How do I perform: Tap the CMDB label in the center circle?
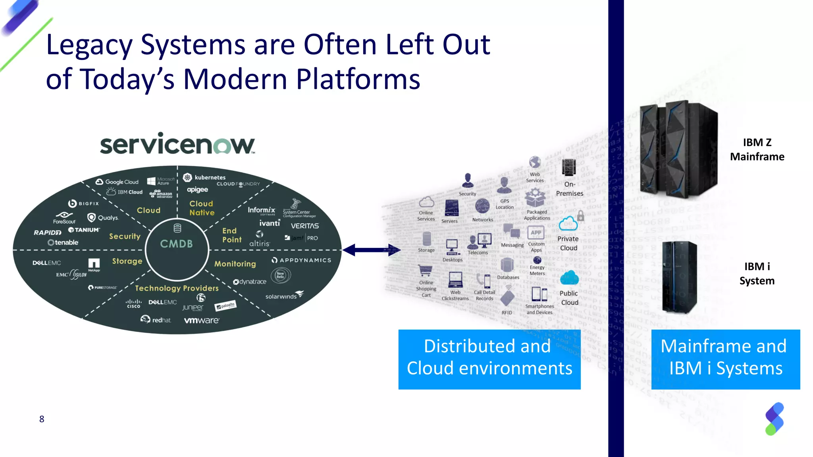click(177, 244)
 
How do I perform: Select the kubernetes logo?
click(205, 177)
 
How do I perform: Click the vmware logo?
click(201, 320)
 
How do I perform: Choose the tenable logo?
click(63, 242)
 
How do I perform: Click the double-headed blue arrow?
click(372, 250)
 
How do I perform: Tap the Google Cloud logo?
click(117, 182)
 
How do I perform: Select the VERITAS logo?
click(304, 226)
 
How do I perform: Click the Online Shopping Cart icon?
click(425, 271)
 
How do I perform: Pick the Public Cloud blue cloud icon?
click(569, 278)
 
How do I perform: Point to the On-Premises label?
click(569, 189)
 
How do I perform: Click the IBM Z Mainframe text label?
click(757, 150)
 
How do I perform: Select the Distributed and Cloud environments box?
click(489, 359)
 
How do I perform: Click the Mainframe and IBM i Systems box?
click(725, 359)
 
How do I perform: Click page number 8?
click(42, 419)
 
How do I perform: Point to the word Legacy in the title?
click(89, 45)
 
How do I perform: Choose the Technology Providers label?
click(177, 288)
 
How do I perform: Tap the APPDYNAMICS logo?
click(301, 260)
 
